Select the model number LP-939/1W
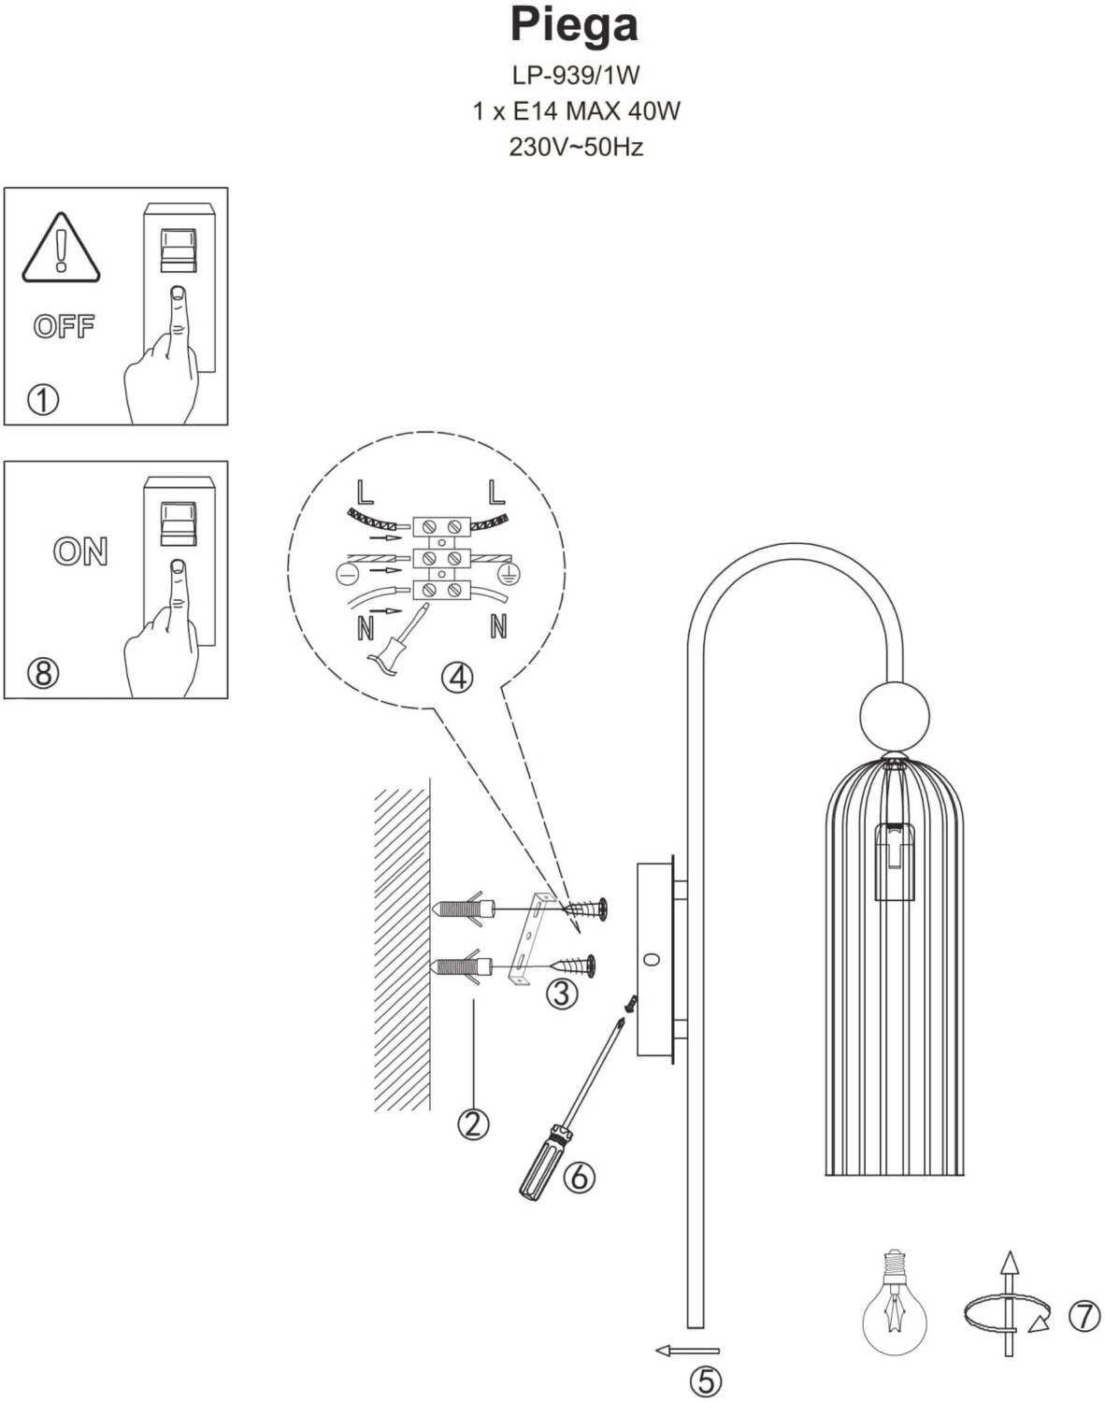[x=576, y=76]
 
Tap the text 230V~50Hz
[x=576, y=148]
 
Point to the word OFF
[x=64, y=326]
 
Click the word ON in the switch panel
[x=80, y=551]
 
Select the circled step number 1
[x=43, y=399]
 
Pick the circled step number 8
[x=43, y=673]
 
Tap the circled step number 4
[x=457, y=678]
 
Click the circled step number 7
[x=1084, y=1317]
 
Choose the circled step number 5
[x=706, y=1381]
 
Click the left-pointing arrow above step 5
[x=687, y=1351]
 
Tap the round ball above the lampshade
[x=895, y=716]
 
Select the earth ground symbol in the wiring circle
[x=509, y=573]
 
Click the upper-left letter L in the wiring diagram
[x=366, y=493]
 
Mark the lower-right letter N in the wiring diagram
[x=498, y=627]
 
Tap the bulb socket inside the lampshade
[x=895, y=863]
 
